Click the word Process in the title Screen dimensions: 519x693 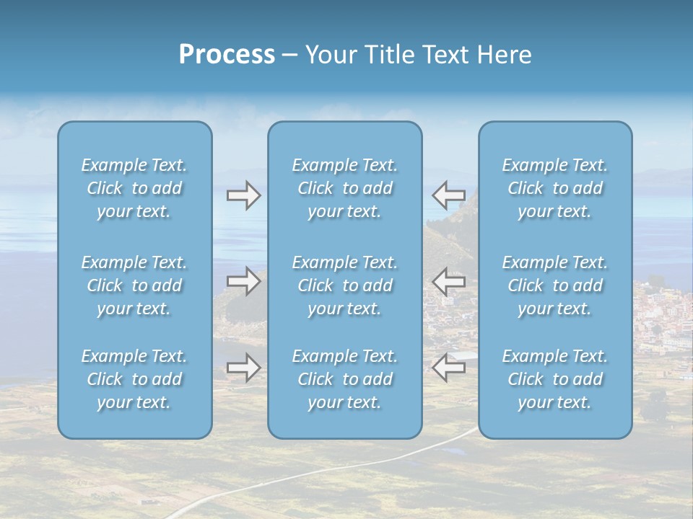click(227, 55)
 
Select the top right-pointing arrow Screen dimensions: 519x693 click(244, 195)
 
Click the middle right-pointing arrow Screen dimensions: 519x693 click(244, 281)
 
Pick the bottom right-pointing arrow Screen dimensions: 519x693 click(244, 368)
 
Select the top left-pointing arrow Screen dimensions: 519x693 click(448, 195)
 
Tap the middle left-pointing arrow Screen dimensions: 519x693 click(448, 281)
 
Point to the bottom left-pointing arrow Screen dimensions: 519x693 click(448, 368)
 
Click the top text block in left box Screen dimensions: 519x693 click(134, 188)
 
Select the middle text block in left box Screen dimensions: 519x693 click(134, 285)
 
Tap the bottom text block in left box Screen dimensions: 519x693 click(134, 379)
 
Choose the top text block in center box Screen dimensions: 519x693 click(345, 188)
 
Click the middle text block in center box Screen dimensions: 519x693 click(345, 285)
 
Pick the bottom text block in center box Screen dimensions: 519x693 click(345, 379)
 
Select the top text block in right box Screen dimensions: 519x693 click(555, 188)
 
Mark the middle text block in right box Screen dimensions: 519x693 click(555, 285)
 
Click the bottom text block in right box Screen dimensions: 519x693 click(555, 379)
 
